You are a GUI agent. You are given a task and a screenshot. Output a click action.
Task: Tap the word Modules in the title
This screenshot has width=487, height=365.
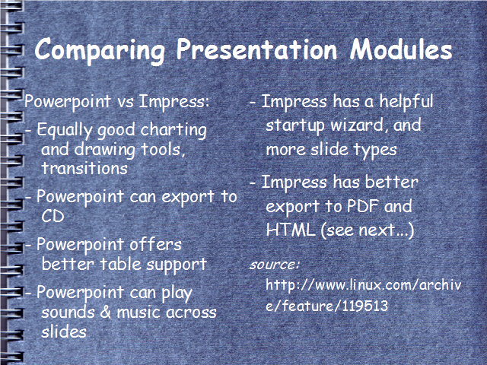pyautogui.click(x=401, y=49)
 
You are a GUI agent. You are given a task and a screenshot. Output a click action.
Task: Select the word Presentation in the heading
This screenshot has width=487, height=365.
pyautogui.click(x=257, y=49)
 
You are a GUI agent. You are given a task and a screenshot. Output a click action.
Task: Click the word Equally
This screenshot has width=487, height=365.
pyautogui.click(x=64, y=130)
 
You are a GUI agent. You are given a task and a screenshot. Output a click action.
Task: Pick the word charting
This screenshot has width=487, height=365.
pyautogui.click(x=173, y=130)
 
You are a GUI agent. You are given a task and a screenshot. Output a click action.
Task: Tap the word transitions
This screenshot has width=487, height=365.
pyautogui.click(x=84, y=169)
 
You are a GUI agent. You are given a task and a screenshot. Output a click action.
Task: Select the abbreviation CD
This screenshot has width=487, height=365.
pyautogui.click(x=53, y=216)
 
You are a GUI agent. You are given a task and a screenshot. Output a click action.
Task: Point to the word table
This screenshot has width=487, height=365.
pyautogui.click(x=120, y=264)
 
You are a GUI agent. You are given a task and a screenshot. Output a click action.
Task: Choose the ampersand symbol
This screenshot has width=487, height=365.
pyautogui.click(x=106, y=312)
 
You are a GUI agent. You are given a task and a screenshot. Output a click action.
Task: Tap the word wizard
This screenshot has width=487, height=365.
pyautogui.click(x=356, y=125)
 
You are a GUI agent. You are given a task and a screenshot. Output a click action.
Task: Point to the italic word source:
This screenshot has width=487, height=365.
pyautogui.click(x=274, y=265)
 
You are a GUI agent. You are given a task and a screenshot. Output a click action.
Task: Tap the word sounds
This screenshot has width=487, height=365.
pyautogui.click(x=68, y=312)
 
